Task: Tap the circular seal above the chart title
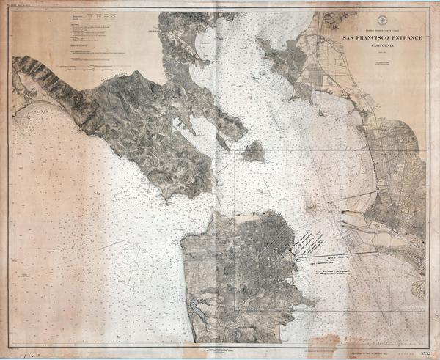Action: click(381, 20)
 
